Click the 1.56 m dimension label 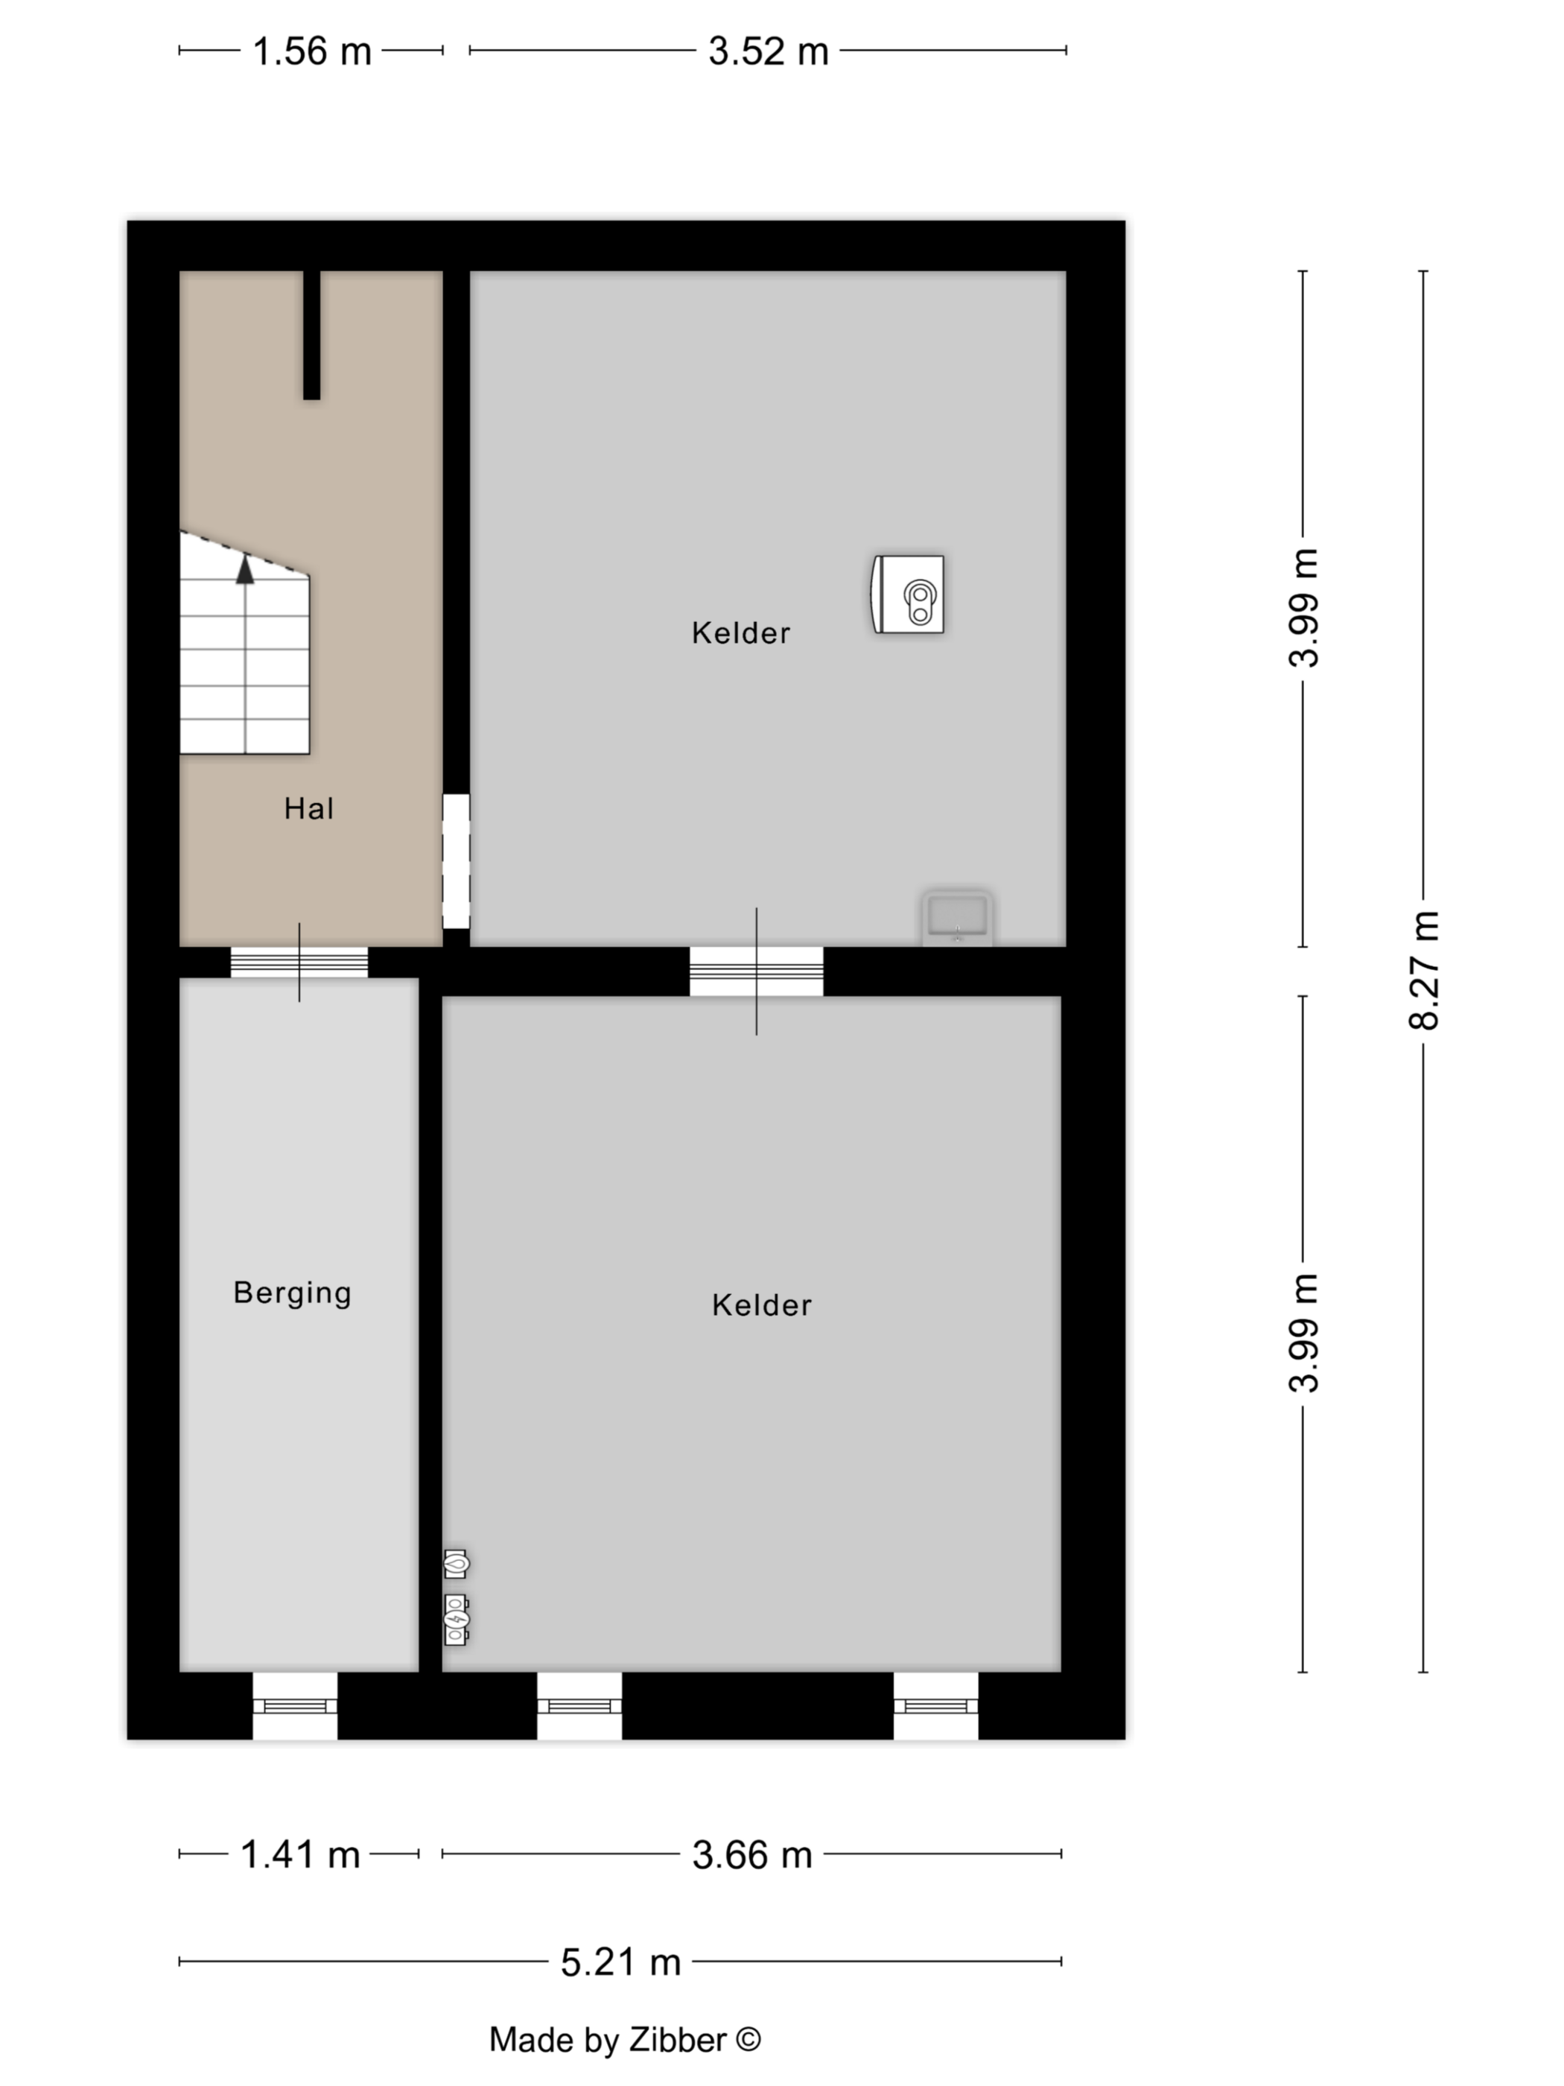point(312,51)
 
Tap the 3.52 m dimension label point(769,51)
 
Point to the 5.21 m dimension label point(620,1962)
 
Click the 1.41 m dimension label point(301,1854)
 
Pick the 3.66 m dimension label point(752,1855)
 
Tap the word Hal point(309,808)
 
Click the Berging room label point(292,1293)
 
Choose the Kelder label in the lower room point(762,1305)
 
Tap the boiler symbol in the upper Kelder point(907,594)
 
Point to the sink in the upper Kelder point(957,916)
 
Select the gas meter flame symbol point(457,1564)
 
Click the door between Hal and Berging point(300,962)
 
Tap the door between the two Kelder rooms point(756,971)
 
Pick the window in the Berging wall point(295,1705)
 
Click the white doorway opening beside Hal point(457,861)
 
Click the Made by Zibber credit point(625,2040)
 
